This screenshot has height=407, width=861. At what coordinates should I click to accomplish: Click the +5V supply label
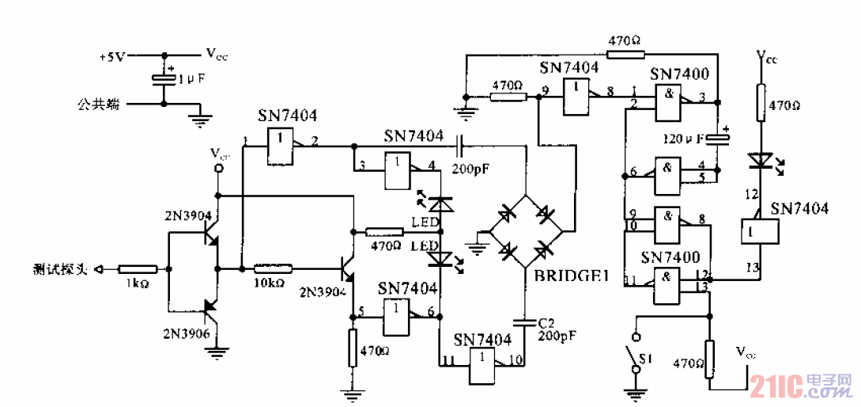tap(111, 57)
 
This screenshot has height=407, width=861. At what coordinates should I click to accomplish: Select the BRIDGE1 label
tap(568, 276)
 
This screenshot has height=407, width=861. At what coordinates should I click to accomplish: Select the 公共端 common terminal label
tap(98, 103)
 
